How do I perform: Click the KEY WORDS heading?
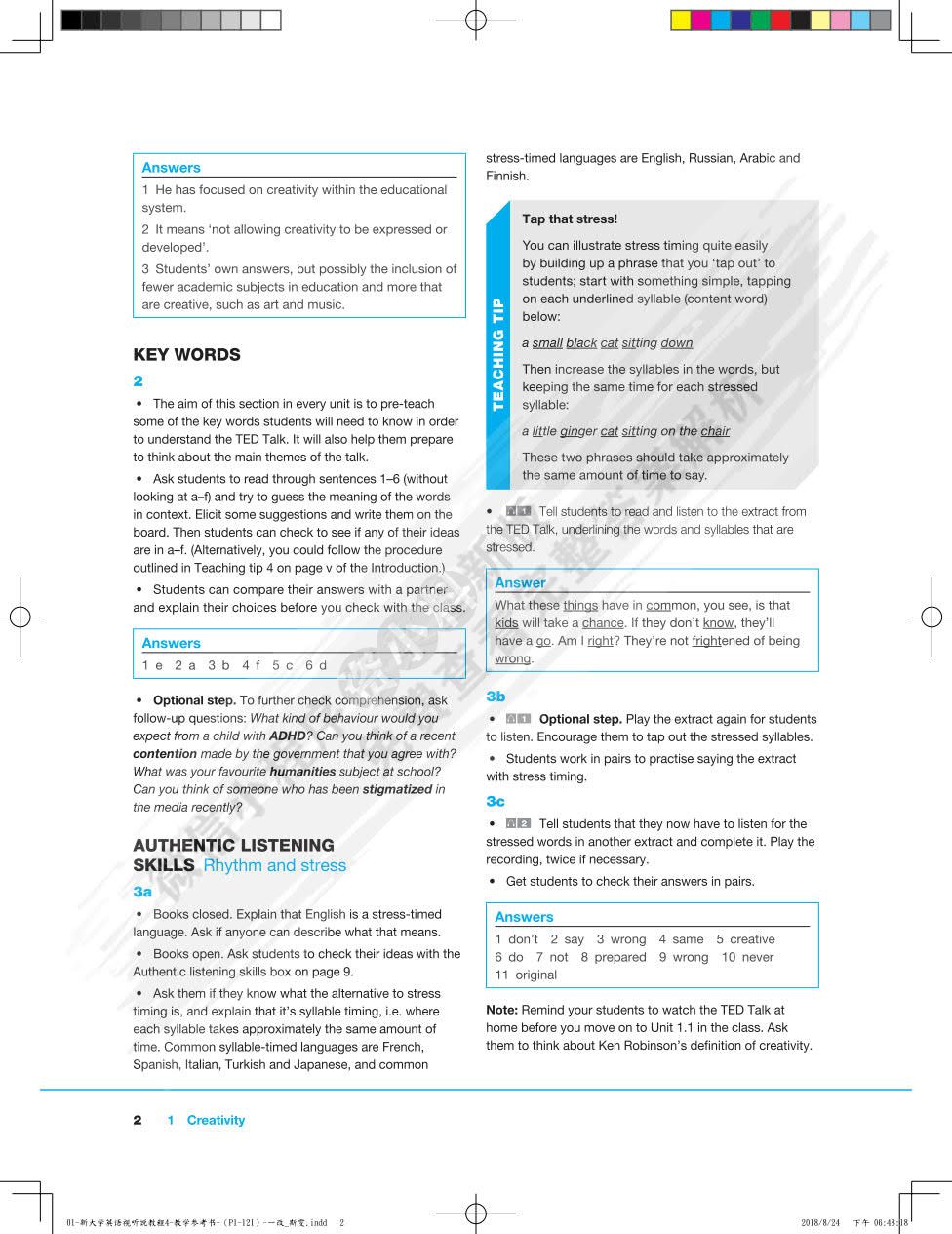click(x=186, y=355)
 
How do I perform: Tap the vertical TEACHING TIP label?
click(x=498, y=354)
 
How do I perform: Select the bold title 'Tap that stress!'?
click(x=570, y=219)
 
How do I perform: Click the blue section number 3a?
click(x=142, y=892)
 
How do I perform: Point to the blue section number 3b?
click(x=496, y=697)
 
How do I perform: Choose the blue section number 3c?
click(x=496, y=802)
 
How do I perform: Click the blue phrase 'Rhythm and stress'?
click(x=274, y=865)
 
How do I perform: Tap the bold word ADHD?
click(x=287, y=736)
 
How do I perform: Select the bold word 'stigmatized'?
click(x=397, y=789)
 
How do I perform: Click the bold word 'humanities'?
click(x=302, y=772)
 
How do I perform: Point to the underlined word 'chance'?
click(x=603, y=623)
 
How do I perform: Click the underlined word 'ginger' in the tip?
click(x=576, y=431)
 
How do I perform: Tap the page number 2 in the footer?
click(x=138, y=1120)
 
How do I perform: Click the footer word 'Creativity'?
click(x=216, y=1120)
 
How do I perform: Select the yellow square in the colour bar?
click(x=681, y=20)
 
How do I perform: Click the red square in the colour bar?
click(x=780, y=20)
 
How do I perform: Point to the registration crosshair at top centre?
click(x=475, y=20)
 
